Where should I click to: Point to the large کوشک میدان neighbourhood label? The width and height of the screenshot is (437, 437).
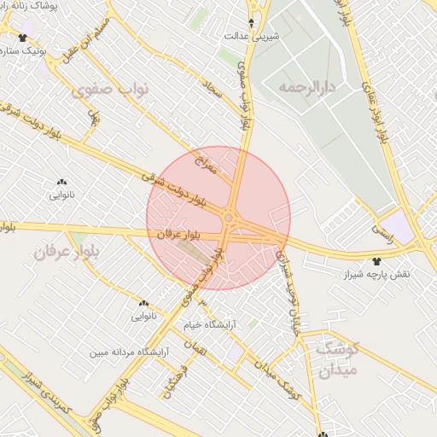click(x=338, y=358)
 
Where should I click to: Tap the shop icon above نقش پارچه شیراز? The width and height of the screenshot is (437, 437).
click(x=377, y=260)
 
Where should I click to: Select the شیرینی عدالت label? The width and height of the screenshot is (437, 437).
click(x=250, y=36)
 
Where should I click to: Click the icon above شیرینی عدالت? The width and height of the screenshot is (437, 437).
click(x=251, y=22)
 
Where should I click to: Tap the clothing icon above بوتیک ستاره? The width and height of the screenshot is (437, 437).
click(x=22, y=37)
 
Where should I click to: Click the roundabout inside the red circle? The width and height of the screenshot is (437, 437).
click(x=229, y=218)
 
